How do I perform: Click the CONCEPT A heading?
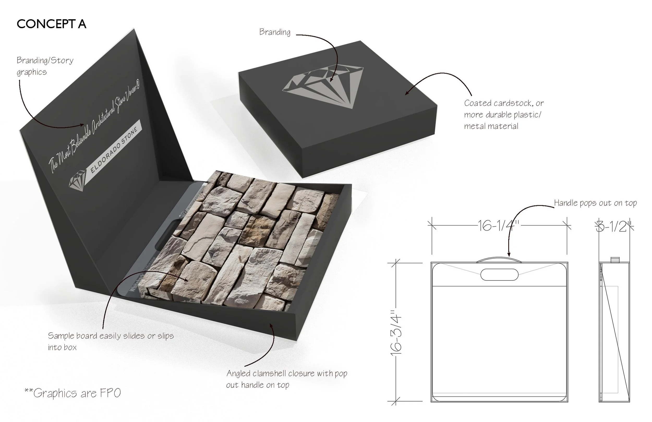tap(51, 24)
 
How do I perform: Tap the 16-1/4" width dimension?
tap(498, 226)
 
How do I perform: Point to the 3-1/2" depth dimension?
tap(614, 227)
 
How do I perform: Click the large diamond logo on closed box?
tap(323, 86)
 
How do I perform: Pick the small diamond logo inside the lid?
tap(77, 180)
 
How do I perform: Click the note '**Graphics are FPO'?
tap(73, 393)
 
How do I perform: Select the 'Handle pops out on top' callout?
tap(595, 203)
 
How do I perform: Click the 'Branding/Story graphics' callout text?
tap(45, 66)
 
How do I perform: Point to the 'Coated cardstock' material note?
tap(504, 114)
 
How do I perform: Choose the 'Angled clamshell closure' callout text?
tap(286, 379)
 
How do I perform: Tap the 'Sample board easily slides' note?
tap(110, 341)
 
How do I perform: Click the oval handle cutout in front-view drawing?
tap(499, 275)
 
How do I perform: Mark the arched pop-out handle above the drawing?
tap(499, 259)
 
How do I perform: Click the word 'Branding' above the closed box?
tap(275, 32)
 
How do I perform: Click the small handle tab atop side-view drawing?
tap(615, 260)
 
